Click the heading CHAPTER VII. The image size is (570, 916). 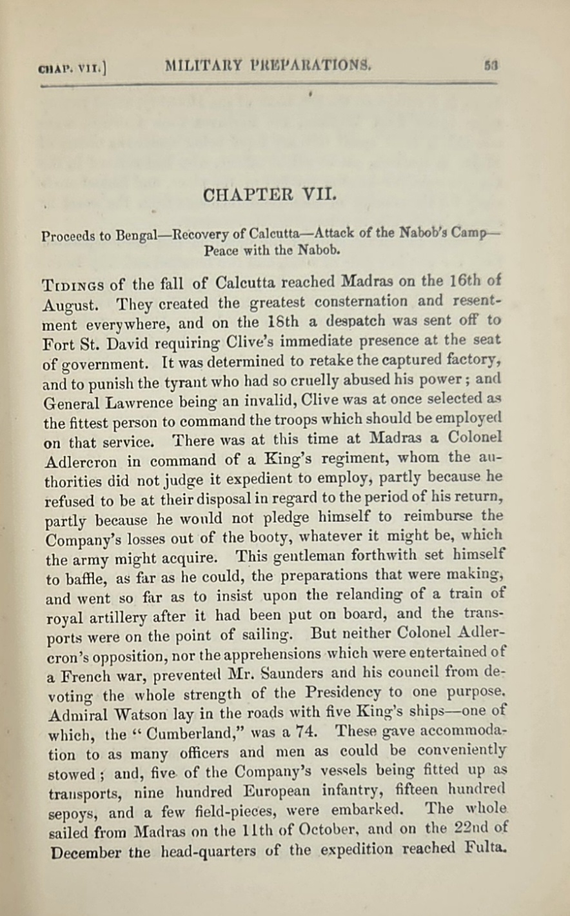[x=270, y=195]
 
